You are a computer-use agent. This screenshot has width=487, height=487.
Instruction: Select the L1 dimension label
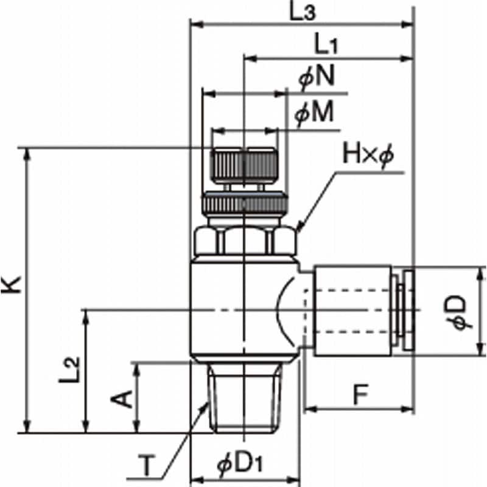pos(326,44)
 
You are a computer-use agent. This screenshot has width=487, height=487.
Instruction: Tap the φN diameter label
pos(317,77)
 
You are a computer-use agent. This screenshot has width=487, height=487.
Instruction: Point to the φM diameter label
pos(314,113)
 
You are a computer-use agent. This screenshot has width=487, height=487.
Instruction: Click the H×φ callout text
pos(368,155)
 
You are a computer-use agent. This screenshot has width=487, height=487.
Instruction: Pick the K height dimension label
pos(11,284)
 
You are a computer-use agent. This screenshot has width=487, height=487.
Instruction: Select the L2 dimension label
pos(70,370)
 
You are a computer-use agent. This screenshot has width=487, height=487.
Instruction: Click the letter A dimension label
pos(122,399)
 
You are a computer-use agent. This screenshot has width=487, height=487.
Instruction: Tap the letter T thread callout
pos(147,465)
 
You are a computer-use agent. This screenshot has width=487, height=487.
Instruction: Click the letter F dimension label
pos(360,394)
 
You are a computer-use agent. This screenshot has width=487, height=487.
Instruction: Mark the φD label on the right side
pos(458,312)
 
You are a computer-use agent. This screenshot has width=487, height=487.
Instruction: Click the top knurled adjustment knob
pos(244,166)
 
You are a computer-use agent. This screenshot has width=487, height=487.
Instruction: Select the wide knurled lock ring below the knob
pos(245,204)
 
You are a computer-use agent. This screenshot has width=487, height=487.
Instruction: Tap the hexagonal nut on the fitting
pos(245,241)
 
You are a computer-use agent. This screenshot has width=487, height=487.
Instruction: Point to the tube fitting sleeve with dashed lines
pos(352,310)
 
